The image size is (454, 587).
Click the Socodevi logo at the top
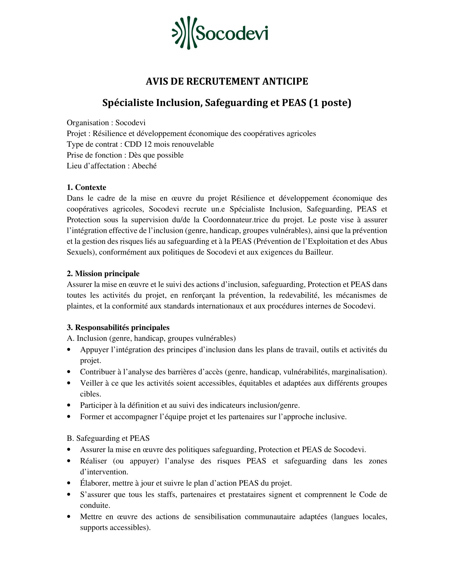point(220,33)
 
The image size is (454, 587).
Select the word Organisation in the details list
point(88,123)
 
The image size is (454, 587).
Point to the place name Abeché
point(144,166)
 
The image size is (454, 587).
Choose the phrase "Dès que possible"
point(156,155)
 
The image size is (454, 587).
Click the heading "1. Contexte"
point(86,187)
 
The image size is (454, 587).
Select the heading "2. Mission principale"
point(103,273)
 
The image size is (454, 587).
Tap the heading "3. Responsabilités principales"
point(118,327)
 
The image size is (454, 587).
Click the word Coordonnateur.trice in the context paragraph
point(235,220)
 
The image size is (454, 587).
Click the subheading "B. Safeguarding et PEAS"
point(108,438)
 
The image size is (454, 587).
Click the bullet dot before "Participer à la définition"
point(69,405)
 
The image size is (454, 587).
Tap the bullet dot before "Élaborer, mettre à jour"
point(69,483)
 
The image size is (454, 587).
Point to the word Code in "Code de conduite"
point(367,494)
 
